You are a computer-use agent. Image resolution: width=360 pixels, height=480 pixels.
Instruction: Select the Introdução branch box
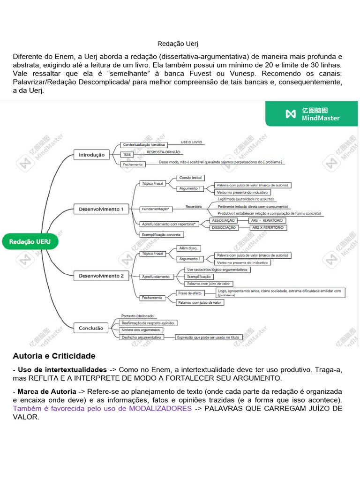(91, 155)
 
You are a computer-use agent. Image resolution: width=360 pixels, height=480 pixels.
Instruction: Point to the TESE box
(127, 154)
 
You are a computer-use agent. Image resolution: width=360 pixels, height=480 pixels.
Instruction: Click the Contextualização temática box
(143, 145)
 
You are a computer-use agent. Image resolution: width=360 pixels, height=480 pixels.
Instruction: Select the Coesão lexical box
(190, 178)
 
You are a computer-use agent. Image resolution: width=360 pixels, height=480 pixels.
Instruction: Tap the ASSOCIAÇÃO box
(224, 220)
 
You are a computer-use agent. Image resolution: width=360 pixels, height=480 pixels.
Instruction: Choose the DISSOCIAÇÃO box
(224, 227)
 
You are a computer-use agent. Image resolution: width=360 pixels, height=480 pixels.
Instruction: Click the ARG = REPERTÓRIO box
(267, 220)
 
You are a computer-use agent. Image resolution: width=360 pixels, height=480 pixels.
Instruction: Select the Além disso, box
(188, 248)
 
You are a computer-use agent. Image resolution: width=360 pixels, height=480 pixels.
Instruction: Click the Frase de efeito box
(189, 293)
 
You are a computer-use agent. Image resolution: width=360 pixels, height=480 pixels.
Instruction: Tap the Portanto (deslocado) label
(137, 316)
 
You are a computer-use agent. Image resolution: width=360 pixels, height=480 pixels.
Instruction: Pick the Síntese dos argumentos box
(141, 330)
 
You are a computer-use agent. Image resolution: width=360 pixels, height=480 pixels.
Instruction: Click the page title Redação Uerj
(178, 44)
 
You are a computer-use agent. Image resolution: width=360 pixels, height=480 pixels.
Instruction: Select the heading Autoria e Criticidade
(54, 356)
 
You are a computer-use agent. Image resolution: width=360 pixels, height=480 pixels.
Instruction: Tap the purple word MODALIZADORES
(160, 408)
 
